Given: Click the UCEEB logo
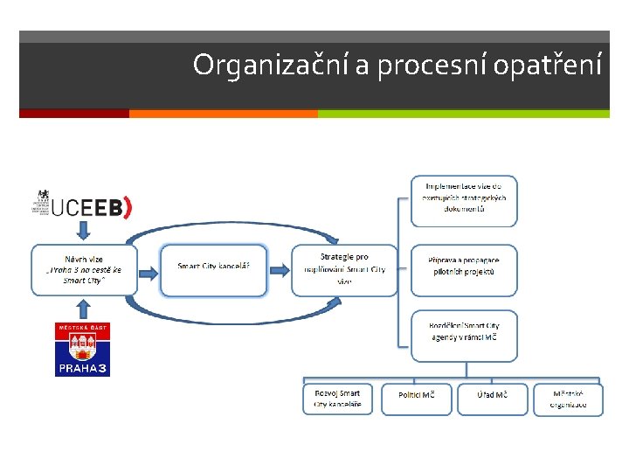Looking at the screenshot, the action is [81, 205].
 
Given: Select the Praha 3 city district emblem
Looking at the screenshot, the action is [83, 350].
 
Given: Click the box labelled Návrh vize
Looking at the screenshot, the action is [84, 269].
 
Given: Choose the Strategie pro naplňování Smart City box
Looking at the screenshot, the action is [344, 269].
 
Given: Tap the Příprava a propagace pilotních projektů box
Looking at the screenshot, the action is [464, 269].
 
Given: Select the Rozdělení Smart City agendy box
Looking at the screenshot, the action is [464, 335].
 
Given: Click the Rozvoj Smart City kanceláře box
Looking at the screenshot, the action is [337, 399].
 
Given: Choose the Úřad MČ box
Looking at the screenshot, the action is [492, 398].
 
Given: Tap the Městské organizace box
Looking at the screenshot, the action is [568, 399].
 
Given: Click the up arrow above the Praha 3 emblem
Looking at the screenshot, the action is [84, 308].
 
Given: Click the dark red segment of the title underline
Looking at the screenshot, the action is [74, 113].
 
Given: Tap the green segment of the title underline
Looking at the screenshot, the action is [463, 113].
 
